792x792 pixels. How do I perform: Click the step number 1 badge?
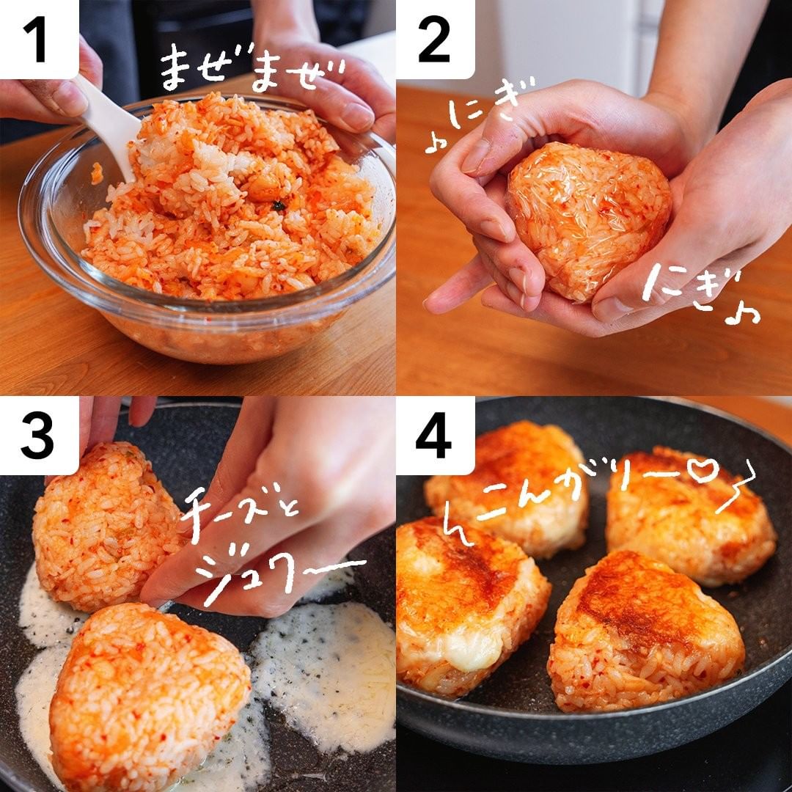38,39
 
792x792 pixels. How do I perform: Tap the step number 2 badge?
435,39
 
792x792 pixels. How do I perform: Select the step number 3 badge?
38,436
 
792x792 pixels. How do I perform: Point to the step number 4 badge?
435,436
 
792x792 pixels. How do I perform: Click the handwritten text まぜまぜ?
252,70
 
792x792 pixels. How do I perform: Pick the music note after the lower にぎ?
741,314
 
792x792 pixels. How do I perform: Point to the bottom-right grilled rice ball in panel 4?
647,631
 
